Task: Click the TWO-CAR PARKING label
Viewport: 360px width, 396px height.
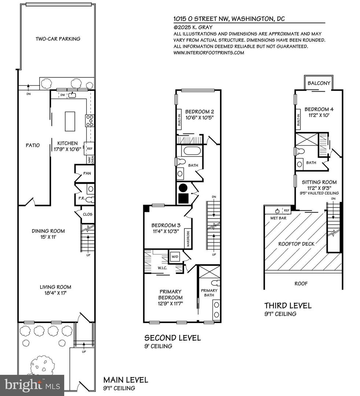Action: (x=58, y=39)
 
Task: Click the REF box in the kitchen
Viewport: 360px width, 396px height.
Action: (x=89, y=148)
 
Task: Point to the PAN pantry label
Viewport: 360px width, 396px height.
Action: (x=87, y=173)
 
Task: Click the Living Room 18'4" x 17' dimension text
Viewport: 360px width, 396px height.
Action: (x=56, y=293)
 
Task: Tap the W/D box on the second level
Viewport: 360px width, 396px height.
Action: (x=175, y=256)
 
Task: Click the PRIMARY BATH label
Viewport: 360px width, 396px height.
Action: (x=209, y=293)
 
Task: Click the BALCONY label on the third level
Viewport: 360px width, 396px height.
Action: (x=319, y=83)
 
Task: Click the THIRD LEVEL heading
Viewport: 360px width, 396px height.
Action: (x=288, y=305)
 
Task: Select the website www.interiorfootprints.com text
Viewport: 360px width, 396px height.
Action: (x=208, y=53)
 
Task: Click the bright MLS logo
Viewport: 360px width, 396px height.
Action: (x=32, y=385)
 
